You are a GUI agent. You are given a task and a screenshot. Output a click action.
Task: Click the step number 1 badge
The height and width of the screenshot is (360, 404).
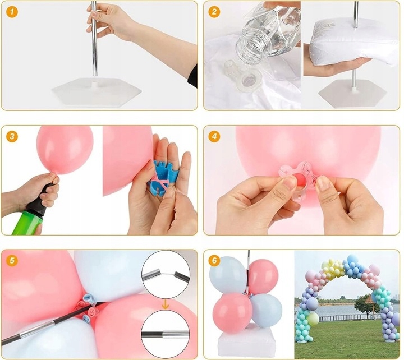click(12, 12)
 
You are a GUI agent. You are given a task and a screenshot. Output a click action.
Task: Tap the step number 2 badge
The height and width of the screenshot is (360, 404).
click(214, 12)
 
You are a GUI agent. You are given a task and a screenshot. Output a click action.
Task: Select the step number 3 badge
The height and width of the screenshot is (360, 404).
click(12, 136)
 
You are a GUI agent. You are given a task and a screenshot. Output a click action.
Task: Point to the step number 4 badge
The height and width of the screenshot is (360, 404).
click(214, 136)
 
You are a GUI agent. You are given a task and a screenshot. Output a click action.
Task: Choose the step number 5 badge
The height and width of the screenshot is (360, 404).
click(12, 260)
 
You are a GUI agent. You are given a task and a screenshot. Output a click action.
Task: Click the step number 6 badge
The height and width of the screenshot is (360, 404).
click(214, 260)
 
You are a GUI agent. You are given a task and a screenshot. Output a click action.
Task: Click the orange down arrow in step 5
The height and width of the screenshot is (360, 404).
click(165, 305)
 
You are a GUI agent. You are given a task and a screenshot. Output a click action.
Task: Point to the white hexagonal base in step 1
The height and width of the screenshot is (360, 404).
click(97, 92)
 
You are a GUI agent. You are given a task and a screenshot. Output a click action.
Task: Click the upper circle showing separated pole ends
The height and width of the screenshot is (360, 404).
click(166, 275)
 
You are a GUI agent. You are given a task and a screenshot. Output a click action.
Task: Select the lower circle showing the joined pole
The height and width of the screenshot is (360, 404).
click(166, 334)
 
